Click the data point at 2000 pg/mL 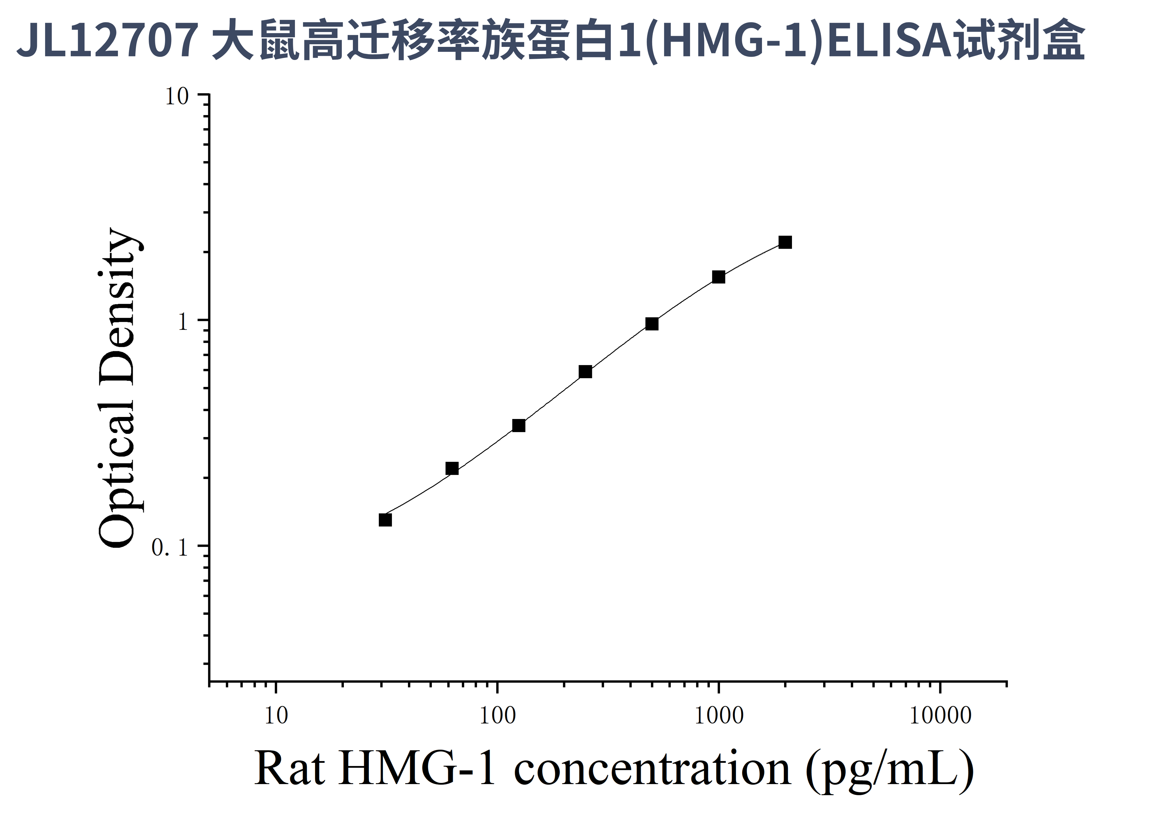[785, 242]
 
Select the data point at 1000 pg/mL [718, 277]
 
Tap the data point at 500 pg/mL [652, 324]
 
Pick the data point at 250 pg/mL [586, 372]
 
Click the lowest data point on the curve [385, 520]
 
